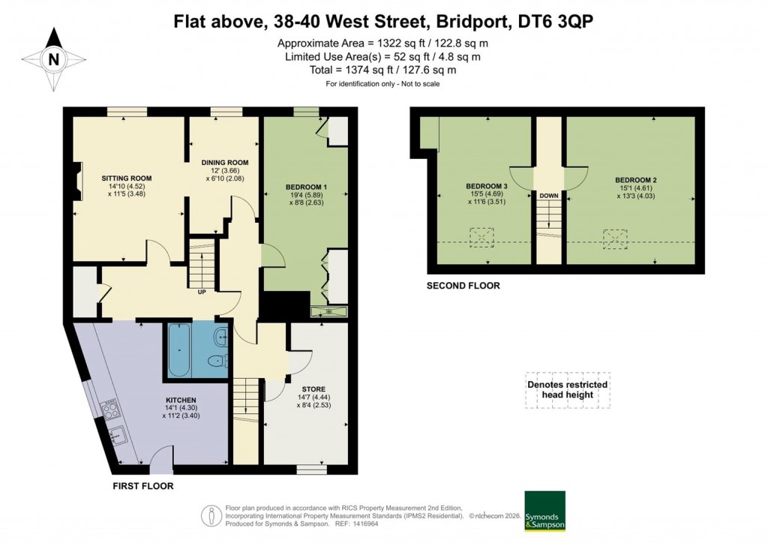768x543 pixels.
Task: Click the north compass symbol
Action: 52,58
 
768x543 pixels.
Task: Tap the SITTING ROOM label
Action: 127,178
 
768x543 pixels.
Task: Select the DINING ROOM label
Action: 225,163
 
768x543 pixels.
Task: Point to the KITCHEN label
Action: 181,400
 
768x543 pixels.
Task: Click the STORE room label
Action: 312,389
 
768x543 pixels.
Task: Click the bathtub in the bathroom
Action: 178,351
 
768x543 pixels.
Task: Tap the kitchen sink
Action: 118,433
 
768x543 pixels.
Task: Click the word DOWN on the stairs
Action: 548,196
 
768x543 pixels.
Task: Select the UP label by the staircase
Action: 201,292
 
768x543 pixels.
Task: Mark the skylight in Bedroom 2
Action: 614,238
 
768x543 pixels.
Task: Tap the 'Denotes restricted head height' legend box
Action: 568,390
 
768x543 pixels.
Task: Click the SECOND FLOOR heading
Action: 463,286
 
